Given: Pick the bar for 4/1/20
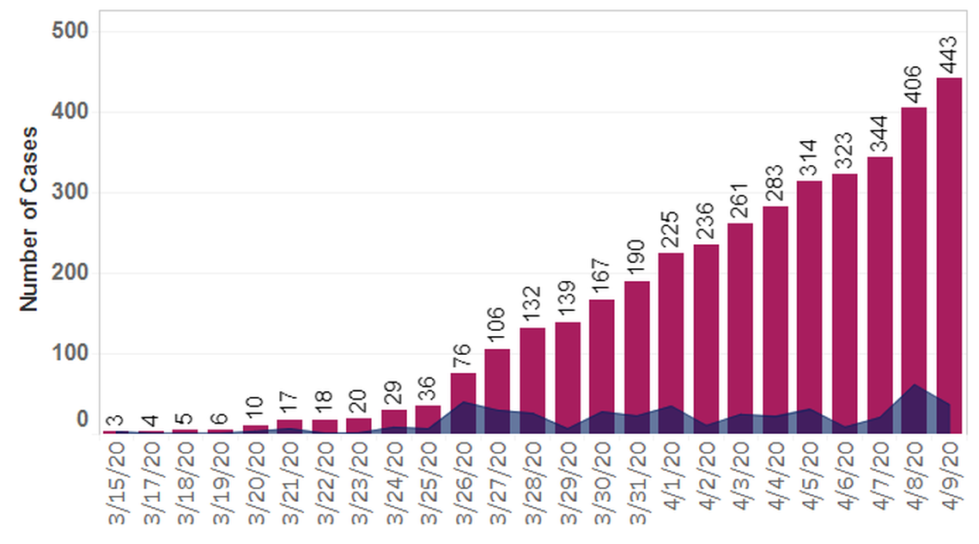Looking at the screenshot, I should pyautogui.click(x=671, y=327).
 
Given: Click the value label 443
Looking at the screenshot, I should pyautogui.click(x=949, y=53).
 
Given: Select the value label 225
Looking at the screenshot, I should pyautogui.click(x=671, y=229).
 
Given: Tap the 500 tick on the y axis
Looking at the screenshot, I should pyautogui.click(x=71, y=32).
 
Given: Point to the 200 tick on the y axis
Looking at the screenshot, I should pyautogui.click(x=71, y=273).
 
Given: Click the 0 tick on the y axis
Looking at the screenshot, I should pyautogui.click(x=82, y=419).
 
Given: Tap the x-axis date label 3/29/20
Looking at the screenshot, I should pyautogui.click(x=568, y=481).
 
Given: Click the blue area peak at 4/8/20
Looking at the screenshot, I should pyautogui.click(x=914, y=386).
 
